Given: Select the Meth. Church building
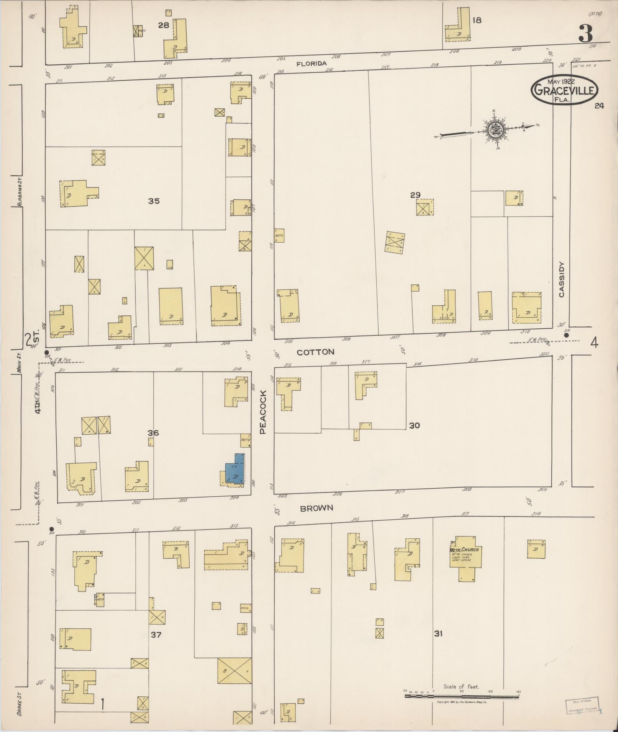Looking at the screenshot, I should point(464,558).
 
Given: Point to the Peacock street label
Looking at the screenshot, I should point(263,412).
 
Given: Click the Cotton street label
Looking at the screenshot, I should point(316,352).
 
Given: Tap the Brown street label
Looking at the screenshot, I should point(316,508).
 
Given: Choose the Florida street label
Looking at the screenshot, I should point(311,64).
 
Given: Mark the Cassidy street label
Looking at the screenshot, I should point(561,279).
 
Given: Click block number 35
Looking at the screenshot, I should point(154,201).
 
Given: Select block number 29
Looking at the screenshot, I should point(415,195).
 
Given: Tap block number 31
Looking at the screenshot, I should point(438,634).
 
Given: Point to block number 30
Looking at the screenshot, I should point(414,425).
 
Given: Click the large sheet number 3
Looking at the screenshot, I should point(585,34).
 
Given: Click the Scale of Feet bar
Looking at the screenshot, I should point(461,696).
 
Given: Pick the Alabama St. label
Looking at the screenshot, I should point(19,192).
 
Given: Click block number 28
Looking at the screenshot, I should point(164,25).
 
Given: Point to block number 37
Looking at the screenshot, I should point(156,635).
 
